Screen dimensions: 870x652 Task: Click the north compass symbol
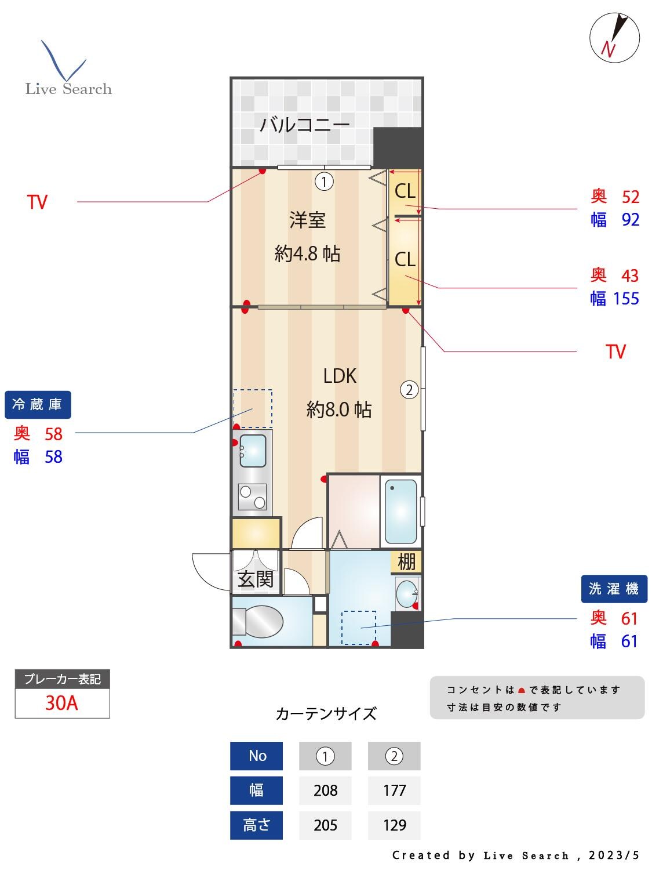pos(614,38)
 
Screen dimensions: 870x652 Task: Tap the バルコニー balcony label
pos(304,124)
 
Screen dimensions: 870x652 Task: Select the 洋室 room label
pos(307,220)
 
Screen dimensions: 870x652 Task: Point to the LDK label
pos(340,376)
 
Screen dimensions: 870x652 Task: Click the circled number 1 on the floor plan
pos(324,182)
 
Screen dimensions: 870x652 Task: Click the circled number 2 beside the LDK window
pos(409,390)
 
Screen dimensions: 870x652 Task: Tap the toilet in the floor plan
pos(258,622)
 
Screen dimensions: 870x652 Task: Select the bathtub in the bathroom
pos(400,510)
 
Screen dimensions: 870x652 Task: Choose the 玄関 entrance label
pos(255,579)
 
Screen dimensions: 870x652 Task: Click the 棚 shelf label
pos(406,561)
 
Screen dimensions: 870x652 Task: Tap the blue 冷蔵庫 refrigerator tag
pos(38,404)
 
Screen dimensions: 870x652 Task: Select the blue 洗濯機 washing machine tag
pos(614,589)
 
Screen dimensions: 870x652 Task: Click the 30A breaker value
pos(61,703)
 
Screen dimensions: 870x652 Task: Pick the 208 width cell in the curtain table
pos(325,790)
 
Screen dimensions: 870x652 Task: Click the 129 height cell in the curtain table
pos(394,825)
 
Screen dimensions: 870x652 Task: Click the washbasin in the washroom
pos(407,593)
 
